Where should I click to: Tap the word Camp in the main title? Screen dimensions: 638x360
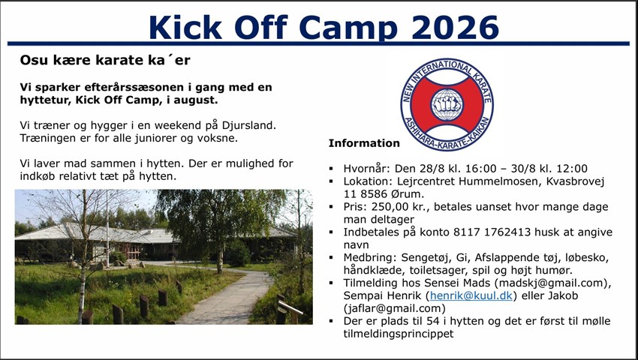pyautogui.click(x=348, y=27)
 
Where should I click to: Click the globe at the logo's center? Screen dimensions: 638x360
pyautogui.click(x=447, y=105)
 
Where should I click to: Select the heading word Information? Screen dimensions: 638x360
pyautogui.click(x=364, y=143)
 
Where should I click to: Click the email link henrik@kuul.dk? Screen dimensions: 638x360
pyautogui.click(x=471, y=295)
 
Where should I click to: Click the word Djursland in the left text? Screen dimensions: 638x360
pyautogui.click(x=249, y=125)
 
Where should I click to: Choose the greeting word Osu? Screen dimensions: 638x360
pyautogui.click(x=31, y=61)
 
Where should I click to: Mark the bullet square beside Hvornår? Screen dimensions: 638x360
pyautogui.click(x=331, y=169)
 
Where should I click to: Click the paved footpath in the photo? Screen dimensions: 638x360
pyautogui.click(x=228, y=297)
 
